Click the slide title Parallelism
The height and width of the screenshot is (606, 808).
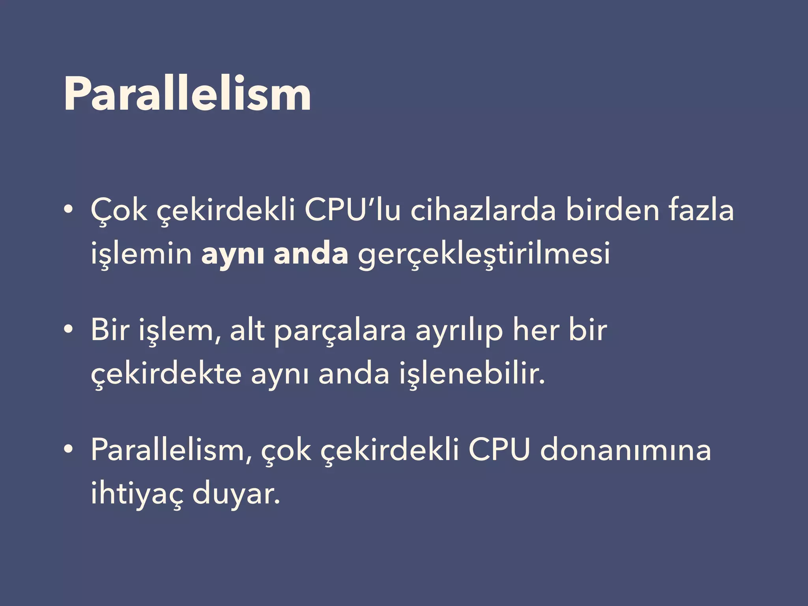point(187,94)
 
